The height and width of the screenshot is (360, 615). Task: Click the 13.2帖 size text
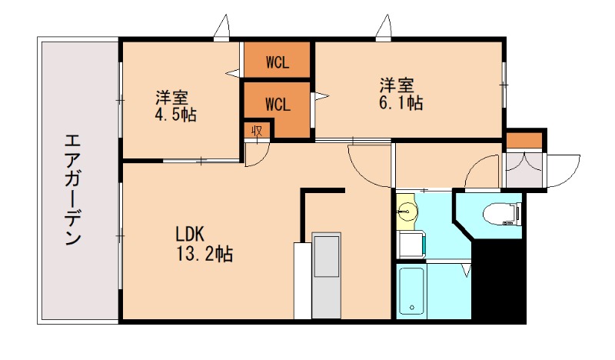(x=204, y=252)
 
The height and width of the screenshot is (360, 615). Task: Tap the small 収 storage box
(x=257, y=131)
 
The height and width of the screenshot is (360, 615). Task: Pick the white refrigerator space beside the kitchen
(x=301, y=281)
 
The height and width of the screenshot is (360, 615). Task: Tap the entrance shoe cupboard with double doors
(x=523, y=168)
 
